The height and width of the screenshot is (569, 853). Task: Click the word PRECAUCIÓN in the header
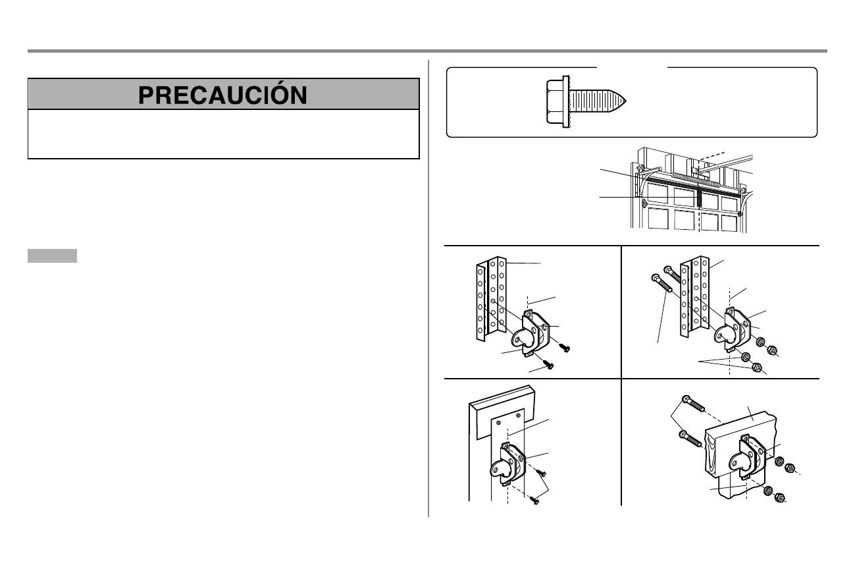223,94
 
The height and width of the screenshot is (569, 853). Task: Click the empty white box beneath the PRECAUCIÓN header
223,134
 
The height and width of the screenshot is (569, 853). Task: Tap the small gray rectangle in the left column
52,256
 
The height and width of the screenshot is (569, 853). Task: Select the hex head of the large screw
557,101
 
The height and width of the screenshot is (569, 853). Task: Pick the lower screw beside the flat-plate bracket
535,501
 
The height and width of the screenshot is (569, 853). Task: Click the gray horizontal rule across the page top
426,51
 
